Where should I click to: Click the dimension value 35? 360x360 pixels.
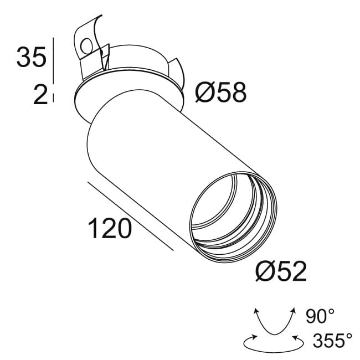31,58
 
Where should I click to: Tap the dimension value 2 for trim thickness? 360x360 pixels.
39,95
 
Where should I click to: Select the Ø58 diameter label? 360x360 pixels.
220,93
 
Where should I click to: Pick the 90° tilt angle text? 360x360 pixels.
320,317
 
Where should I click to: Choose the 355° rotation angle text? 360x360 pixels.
332,340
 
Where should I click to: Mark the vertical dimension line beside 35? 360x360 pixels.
53,59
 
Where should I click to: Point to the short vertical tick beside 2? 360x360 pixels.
53,97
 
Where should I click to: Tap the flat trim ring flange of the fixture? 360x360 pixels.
83,100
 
